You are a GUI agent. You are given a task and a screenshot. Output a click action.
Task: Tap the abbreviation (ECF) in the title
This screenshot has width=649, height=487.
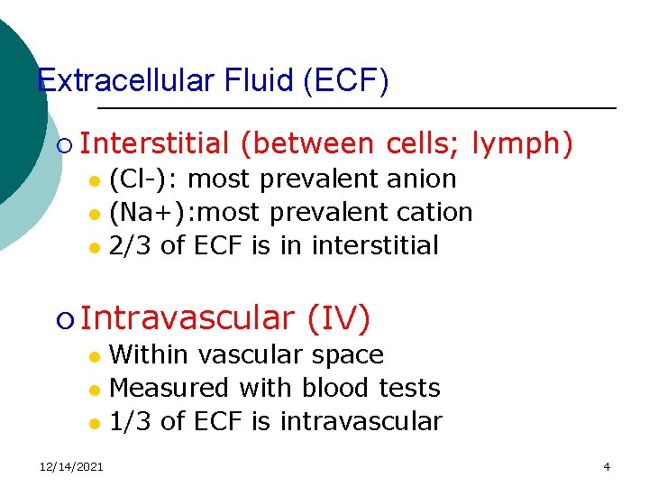pyautogui.click(x=347, y=81)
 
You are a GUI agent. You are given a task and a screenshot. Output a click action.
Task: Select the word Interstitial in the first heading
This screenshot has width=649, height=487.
pyautogui.click(x=159, y=143)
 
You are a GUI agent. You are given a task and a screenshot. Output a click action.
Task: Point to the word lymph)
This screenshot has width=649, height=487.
pyautogui.click(x=522, y=143)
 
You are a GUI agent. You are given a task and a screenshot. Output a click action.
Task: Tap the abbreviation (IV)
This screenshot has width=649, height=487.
pyautogui.click(x=339, y=317)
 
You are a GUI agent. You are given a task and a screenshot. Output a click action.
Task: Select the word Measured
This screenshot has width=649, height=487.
pyautogui.click(x=169, y=388)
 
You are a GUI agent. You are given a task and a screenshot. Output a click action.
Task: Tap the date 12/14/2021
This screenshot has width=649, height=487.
pyautogui.click(x=71, y=466)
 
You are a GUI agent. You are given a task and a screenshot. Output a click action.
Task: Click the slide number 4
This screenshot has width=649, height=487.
pyautogui.click(x=607, y=466)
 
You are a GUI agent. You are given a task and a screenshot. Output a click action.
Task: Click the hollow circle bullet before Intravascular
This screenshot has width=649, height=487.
pyautogui.click(x=63, y=319)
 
